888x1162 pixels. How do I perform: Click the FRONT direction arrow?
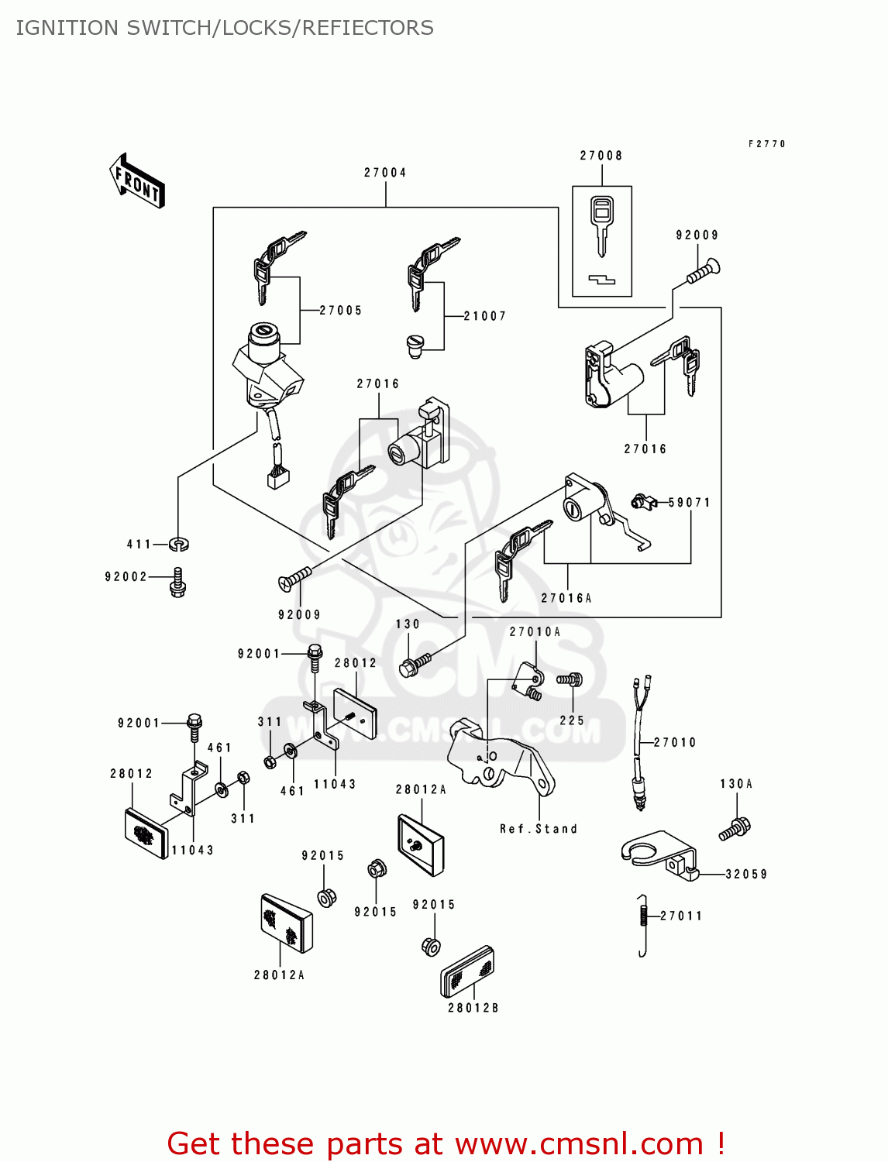[x=137, y=181]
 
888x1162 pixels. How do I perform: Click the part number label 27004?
[x=385, y=173]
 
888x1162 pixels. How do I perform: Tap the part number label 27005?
[x=341, y=311]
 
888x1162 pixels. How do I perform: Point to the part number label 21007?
[x=485, y=316]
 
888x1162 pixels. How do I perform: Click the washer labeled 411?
[x=179, y=545]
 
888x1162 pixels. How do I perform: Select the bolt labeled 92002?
[x=178, y=582]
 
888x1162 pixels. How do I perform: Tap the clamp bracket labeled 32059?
[x=659, y=855]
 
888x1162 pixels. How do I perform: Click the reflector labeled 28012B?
[x=468, y=972]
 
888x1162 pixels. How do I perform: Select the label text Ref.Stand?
[x=539, y=829]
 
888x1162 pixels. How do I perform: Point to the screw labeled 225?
[x=570, y=679]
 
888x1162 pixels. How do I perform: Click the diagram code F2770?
[x=767, y=144]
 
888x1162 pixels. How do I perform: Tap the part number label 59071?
[x=690, y=503]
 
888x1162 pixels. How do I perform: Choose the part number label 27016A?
[x=566, y=598]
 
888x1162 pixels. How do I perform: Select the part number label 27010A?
[x=535, y=632]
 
